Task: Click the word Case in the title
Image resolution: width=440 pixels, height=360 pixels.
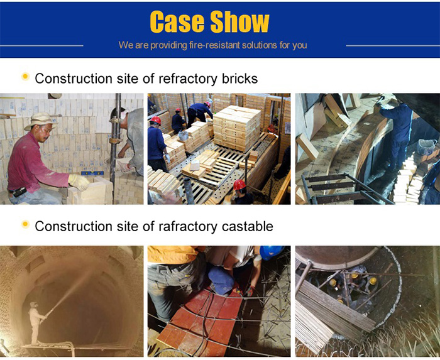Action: click(x=177, y=22)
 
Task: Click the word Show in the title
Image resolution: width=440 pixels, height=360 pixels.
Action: click(x=239, y=22)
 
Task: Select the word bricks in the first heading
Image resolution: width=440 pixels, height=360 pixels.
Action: click(x=239, y=79)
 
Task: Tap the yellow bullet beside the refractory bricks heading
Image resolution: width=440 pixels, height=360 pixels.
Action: click(x=26, y=76)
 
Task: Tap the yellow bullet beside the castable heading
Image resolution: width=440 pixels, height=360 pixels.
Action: click(x=26, y=224)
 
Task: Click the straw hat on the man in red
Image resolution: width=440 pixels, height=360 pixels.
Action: click(x=41, y=121)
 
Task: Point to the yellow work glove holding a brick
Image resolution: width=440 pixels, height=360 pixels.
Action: click(x=79, y=182)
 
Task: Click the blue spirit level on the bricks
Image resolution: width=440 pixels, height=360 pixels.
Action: click(x=92, y=173)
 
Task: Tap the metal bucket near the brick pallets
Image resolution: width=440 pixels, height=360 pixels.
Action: click(x=184, y=136)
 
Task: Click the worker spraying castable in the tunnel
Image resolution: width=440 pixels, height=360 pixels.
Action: click(x=35, y=322)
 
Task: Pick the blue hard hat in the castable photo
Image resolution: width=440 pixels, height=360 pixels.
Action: click(x=271, y=252)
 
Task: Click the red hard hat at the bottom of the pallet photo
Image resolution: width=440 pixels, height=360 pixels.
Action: click(x=239, y=185)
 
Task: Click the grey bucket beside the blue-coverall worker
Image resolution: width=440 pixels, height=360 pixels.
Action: click(x=427, y=146)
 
